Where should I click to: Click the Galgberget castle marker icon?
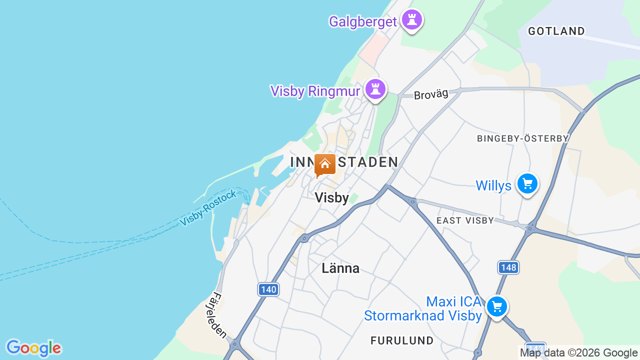click(x=412, y=20)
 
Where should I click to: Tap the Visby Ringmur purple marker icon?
click(x=375, y=89)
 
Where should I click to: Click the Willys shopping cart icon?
click(x=527, y=184)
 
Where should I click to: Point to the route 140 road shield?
click(x=268, y=289)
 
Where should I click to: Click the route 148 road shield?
click(x=508, y=267)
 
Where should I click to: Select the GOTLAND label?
click(x=556, y=31)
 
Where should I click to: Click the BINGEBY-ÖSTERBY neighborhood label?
click(x=522, y=138)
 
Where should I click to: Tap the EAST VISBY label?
click(x=465, y=220)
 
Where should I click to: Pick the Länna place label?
click(x=340, y=268)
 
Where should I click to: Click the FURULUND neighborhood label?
click(x=402, y=340)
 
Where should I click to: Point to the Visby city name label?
click(x=332, y=198)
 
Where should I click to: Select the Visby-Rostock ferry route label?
click(x=208, y=208)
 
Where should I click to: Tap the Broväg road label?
click(x=431, y=93)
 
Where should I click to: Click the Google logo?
click(x=33, y=348)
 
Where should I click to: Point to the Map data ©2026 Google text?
click(x=578, y=352)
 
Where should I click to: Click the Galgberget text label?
click(x=362, y=21)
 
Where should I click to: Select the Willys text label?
click(x=493, y=186)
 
